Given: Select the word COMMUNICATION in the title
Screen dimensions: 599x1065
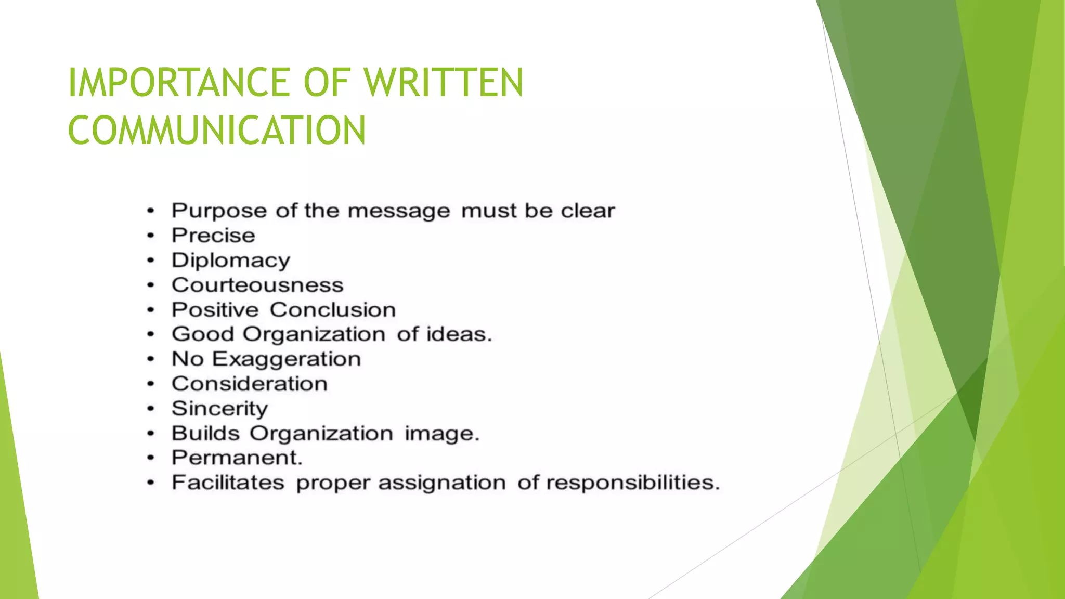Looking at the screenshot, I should [x=217, y=130].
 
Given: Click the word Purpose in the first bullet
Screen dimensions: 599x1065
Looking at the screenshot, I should [x=219, y=211].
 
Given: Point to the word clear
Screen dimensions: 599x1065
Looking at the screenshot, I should [x=588, y=211].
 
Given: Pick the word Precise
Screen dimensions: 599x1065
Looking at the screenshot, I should [x=213, y=236].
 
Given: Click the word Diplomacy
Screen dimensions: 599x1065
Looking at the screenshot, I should [x=231, y=261].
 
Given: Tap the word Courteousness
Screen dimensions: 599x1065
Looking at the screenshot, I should [x=257, y=285].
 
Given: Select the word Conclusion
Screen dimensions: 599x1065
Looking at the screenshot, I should [x=333, y=310].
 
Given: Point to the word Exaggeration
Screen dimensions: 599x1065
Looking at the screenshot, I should [x=287, y=359].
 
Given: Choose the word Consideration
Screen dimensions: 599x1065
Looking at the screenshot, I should [x=250, y=384].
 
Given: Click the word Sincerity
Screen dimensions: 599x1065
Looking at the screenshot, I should [x=219, y=409].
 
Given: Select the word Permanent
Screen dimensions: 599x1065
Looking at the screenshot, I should [x=237, y=458].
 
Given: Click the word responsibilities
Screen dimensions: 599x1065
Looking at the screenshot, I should [x=633, y=483].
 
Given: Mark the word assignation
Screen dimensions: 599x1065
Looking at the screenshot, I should [x=442, y=483].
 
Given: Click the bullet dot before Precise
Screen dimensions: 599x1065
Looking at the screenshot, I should [x=151, y=236].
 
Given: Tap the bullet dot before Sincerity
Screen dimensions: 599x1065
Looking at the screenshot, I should [x=151, y=409].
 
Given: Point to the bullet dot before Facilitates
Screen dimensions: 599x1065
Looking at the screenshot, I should [x=151, y=484].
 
